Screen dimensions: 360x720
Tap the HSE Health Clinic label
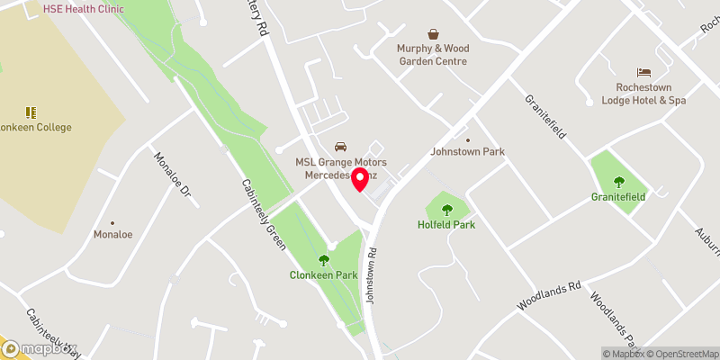tap(84, 8)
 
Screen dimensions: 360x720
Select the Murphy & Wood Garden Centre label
tap(433, 54)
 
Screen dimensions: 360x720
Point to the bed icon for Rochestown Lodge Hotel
tap(643, 72)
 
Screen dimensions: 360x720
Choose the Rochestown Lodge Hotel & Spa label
tap(643, 94)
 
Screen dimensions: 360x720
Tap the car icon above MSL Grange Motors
tap(340, 146)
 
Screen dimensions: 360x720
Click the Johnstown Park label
tap(469, 152)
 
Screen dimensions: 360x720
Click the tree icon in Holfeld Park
tap(446, 210)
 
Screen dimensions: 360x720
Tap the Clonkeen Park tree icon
tap(323, 261)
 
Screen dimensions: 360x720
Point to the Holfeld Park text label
tap(446, 224)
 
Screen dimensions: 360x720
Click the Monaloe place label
tap(113, 234)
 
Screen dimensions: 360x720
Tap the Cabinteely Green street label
tap(263, 210)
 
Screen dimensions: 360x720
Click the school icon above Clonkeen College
tap(31, 112)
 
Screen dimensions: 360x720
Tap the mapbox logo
tap(40, 349)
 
